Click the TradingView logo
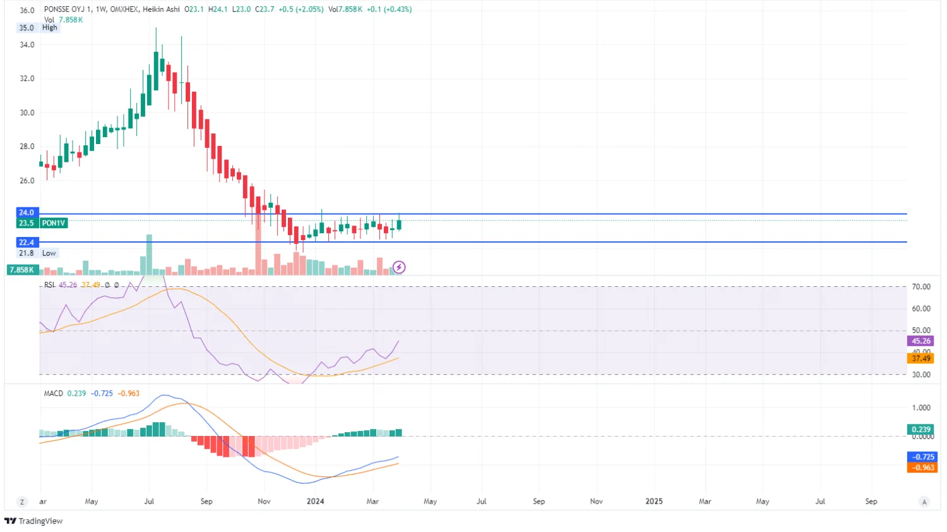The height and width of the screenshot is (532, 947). pos(34,521)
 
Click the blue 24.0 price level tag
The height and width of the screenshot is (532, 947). pos(27,213)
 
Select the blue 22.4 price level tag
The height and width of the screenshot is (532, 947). pos(27,243)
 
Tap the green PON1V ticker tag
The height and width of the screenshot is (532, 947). pos(53,223)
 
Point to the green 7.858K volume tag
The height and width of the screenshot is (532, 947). pos(21,270)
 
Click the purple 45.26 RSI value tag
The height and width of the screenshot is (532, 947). pos(921,341)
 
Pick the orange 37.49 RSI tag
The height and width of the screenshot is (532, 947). pos(921,358)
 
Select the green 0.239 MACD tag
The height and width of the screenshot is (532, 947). pos(921,430)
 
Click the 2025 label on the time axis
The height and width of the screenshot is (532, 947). pos(654,502)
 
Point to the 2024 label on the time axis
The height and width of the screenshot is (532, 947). pos(315,502)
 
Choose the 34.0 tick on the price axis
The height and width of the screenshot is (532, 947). pos(27,45)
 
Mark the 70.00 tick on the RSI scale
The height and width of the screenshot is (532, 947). pos(921,287)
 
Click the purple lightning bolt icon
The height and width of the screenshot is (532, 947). pos(399,267)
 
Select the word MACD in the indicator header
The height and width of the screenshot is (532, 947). pos(54,394)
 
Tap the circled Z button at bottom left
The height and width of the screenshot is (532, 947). pos(22,502)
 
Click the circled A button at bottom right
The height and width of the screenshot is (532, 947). pos(924,502)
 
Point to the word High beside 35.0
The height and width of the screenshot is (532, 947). pos(49,28)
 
